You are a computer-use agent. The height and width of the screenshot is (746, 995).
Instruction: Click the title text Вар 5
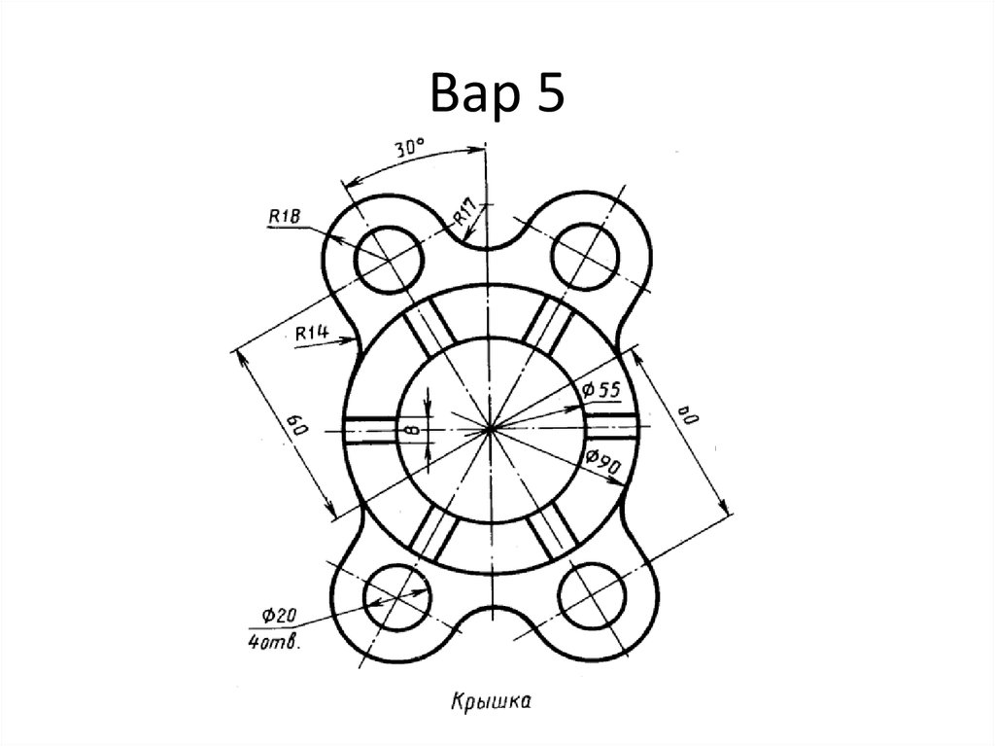[497, 92]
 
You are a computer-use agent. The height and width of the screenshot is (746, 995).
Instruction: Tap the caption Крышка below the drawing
[491, 701]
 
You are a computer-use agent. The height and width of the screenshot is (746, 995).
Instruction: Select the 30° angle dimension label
[410, 148]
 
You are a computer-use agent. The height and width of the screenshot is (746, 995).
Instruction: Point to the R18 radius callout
[284, 217]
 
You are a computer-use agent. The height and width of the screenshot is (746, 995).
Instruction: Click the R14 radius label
[312, 333]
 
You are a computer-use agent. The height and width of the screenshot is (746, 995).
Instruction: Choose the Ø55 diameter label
[600, 389]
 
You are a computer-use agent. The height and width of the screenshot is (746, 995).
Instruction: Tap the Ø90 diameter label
[602, 462]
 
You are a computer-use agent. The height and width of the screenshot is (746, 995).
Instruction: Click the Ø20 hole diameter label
[279, 615]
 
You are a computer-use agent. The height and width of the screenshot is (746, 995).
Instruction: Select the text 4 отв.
[273, 643]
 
